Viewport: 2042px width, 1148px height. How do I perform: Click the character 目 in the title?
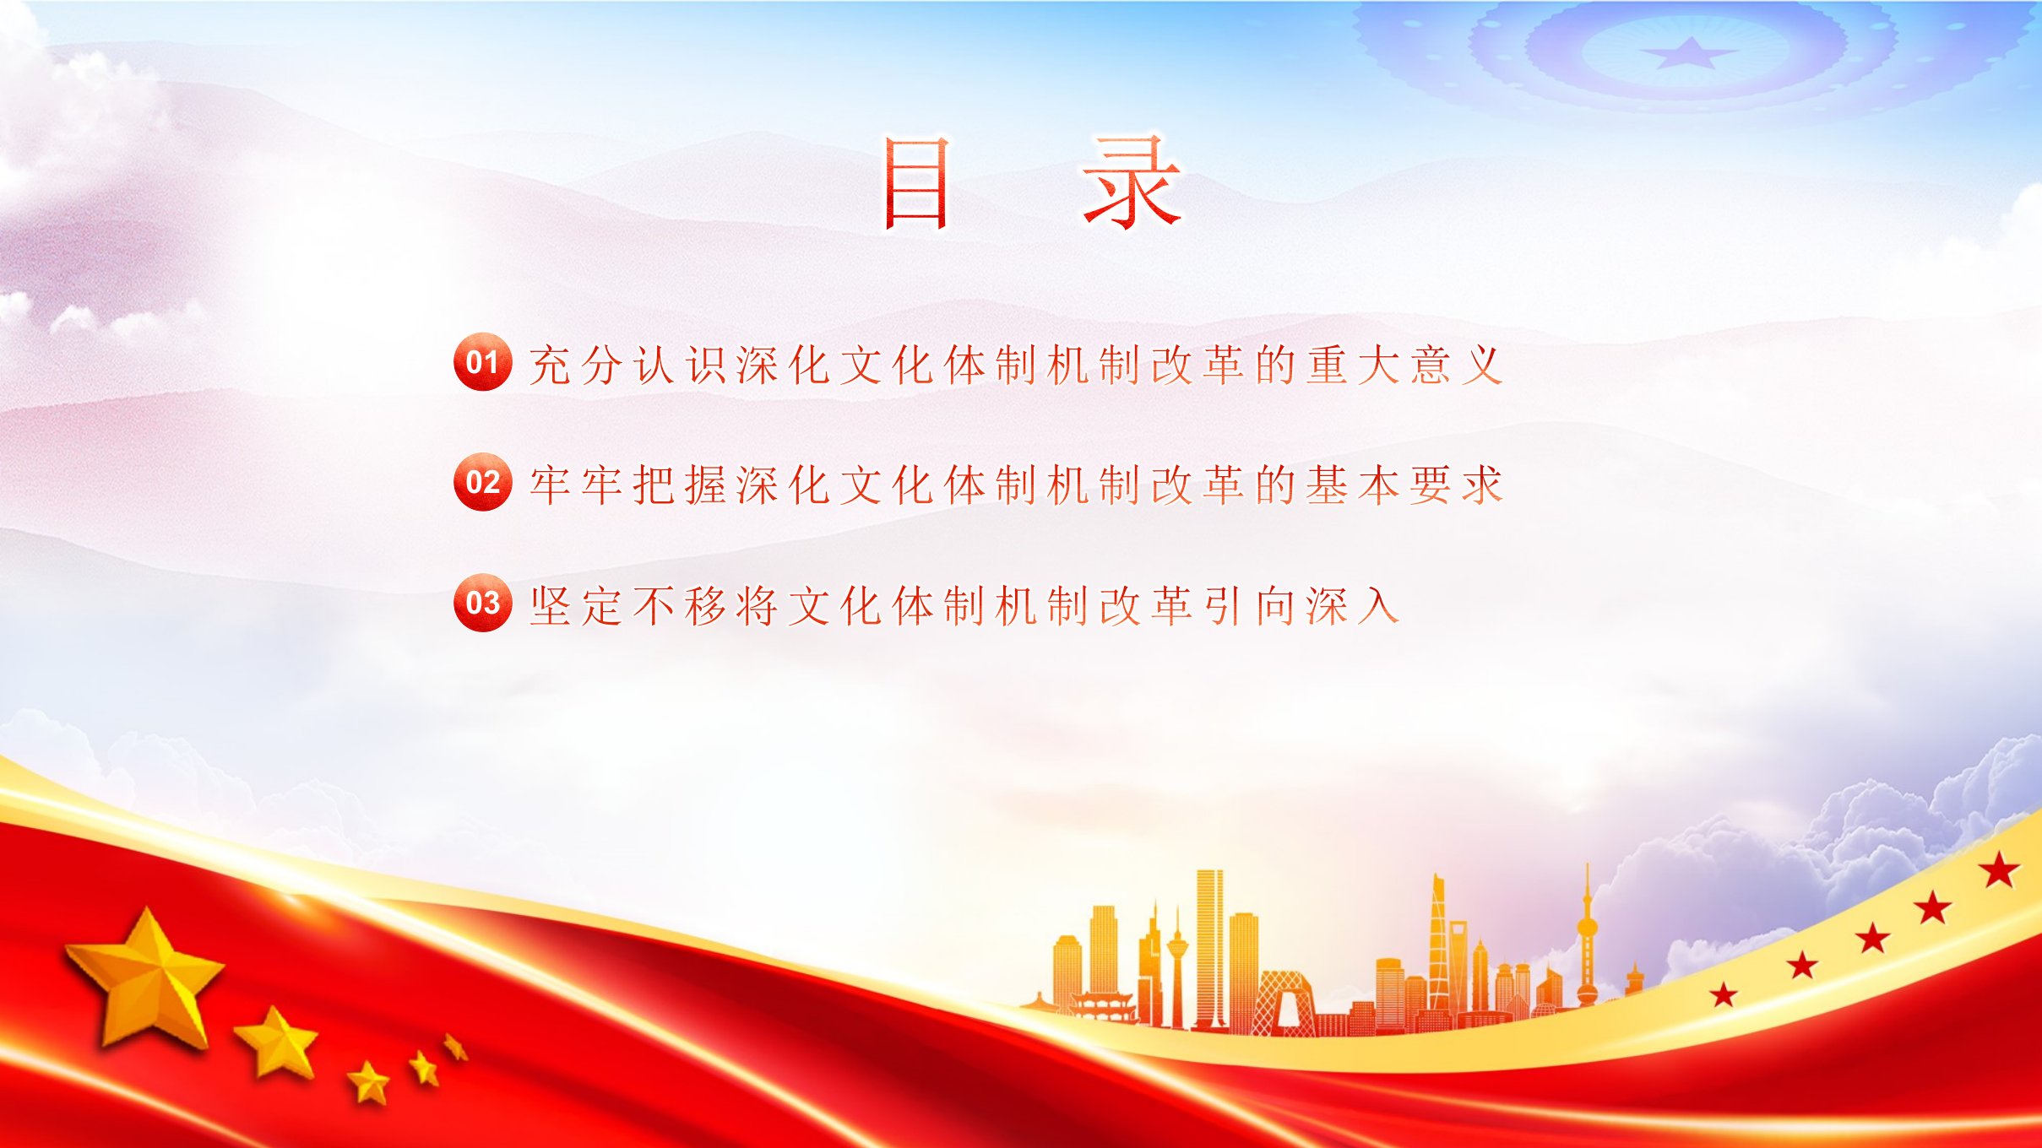916,185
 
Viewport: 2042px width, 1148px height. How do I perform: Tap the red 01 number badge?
482,362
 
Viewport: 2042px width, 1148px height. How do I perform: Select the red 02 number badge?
482,482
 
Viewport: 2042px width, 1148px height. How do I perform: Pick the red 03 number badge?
482,603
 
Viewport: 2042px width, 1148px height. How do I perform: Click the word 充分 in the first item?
577,365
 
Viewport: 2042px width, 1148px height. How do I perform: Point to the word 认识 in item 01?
681,365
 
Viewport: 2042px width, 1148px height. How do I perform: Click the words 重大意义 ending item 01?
1405,365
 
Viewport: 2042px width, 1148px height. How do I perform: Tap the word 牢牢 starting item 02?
577,485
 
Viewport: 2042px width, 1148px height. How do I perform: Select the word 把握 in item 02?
681,485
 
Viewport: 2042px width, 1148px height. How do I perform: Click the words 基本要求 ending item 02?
1405,485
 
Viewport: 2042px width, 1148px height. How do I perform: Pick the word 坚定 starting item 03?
577,606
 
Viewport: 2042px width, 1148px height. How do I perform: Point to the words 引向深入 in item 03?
1301,606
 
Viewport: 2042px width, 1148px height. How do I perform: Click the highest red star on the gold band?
2000,870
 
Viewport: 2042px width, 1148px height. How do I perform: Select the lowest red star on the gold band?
1724,994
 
